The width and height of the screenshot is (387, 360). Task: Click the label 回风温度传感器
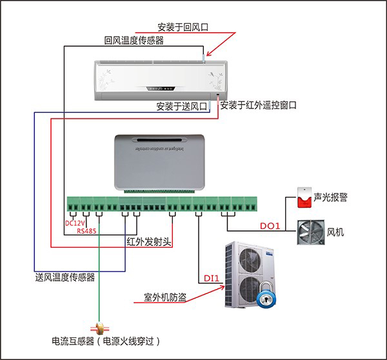(134, 40)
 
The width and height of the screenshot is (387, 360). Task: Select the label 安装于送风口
(181, 105)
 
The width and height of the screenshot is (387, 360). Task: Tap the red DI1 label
(212, 279)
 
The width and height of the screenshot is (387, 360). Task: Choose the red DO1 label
(270, 226)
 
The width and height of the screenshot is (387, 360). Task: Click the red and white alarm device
(303, 197)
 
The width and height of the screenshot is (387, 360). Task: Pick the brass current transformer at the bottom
(99, 328)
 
